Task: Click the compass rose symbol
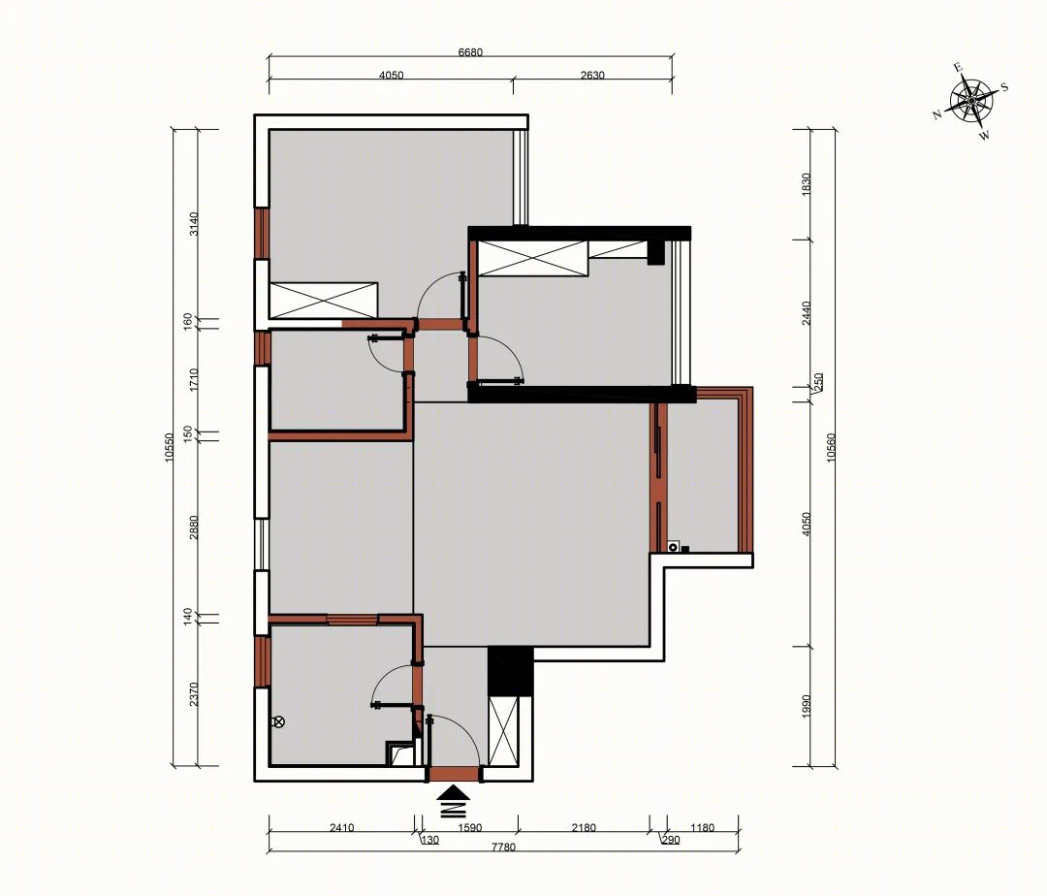tap(970, 101)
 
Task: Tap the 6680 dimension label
tap(470, 52)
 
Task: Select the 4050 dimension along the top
tap(392, 76)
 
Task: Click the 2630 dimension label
tap(592, 76)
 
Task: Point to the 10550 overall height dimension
tap(169, 447)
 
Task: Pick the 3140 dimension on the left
tap(194, 224)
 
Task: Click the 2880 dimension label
tap(194, 528)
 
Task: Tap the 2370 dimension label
tap(194, 693)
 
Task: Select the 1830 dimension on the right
tap(806, 184)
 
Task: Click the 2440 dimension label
tap(806, 313)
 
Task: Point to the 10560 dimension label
tap(832, 447)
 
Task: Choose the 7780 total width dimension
tap(503, 848)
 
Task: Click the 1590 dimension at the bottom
tap(469, 828)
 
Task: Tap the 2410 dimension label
tap(342, 828)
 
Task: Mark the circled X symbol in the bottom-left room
tap(279, 721)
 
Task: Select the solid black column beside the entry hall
tap(510, 672)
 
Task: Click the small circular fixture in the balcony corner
tap(673, 548)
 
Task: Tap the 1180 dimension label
tap(703, 828)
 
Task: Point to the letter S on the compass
tap(1004, 87)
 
